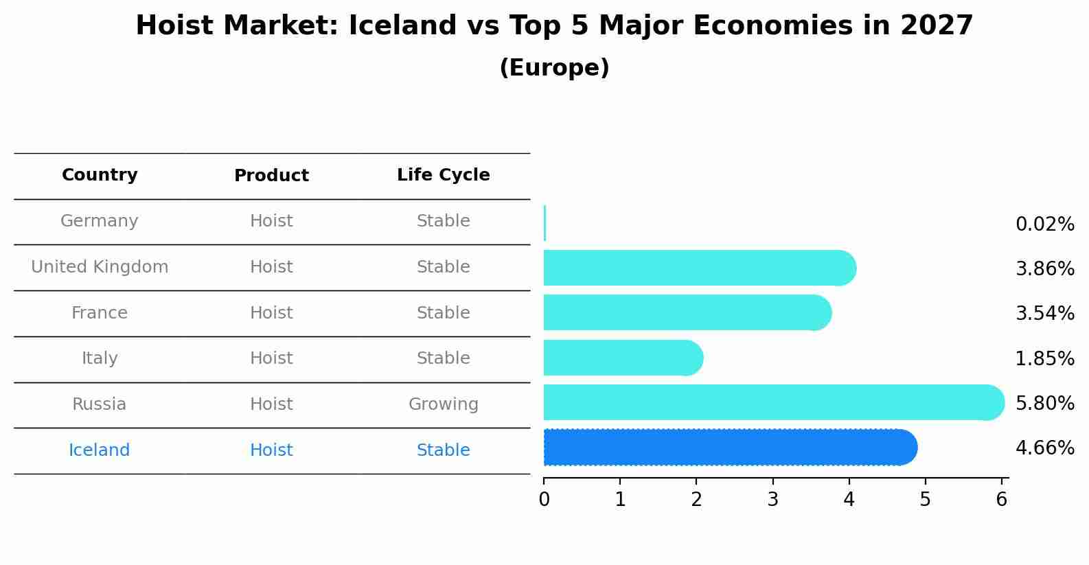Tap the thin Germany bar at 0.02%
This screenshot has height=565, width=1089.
(544, 223)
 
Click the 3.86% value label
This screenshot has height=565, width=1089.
(1044, 268)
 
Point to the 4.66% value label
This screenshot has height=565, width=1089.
(1044, 448)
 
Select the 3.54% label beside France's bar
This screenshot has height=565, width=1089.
(1044, 314)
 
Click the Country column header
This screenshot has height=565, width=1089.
(100, 175)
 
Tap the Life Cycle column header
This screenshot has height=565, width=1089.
(443, 175)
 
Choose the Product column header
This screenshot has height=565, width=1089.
(271, 176)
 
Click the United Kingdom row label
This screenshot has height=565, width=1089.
(100, 267)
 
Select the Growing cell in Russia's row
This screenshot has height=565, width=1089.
(443, 404)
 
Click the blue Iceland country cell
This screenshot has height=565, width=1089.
(99, 450)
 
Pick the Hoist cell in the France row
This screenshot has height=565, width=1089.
(271, 313)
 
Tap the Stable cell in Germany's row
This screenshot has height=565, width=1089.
(443, 221)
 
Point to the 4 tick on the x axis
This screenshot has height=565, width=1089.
(849, 500)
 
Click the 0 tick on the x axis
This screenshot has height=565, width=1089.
(544, 500)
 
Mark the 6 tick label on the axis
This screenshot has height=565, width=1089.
(1001, 500)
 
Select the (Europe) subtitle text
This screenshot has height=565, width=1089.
(554, 68)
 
